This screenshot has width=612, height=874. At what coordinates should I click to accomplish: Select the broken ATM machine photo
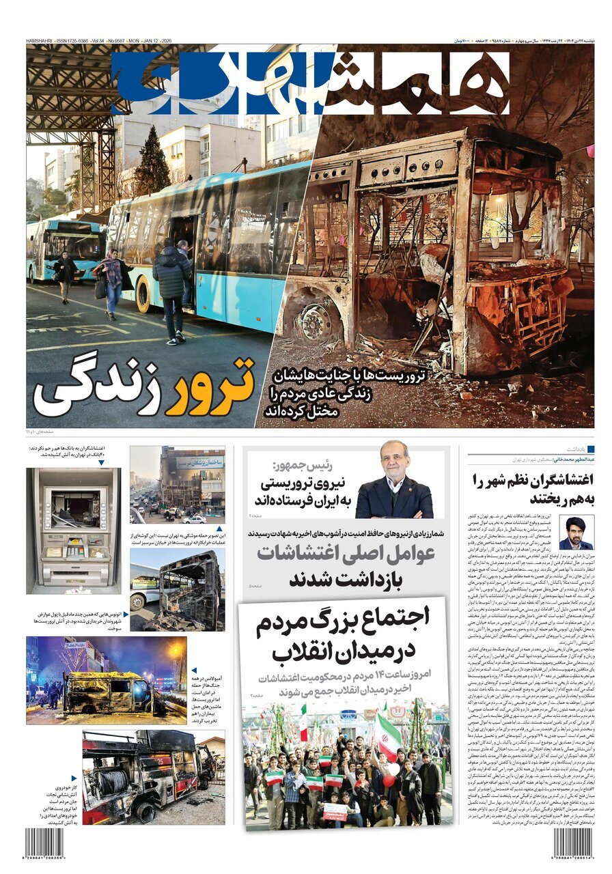(73, 531)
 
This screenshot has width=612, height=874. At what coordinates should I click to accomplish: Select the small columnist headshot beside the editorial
(576, 533)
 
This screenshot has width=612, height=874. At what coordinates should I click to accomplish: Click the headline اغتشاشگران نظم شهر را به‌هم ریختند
(531, 488)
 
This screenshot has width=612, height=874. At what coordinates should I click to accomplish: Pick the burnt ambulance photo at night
(106, 680)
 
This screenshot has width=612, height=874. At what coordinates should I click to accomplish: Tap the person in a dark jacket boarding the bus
(171, 287)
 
